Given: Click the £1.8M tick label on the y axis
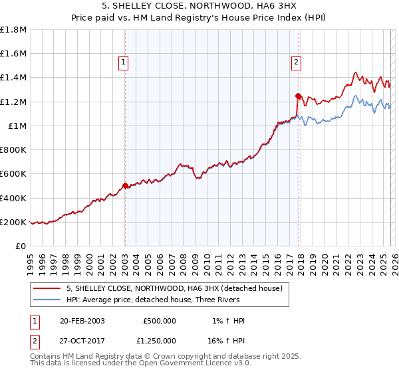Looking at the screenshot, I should (x=13, y=30).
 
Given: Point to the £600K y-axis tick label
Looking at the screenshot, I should (x=13, y=174).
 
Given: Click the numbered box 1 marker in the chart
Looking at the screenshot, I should (x=124, y=63).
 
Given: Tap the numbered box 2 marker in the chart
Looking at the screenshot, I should (x=296, y=63).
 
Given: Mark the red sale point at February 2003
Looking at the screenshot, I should (x=125, y=186).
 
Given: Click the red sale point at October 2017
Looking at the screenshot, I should (x=298, y=96).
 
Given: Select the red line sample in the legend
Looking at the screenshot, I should (x=47, y=288).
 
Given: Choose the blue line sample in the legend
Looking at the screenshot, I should (x=47, y=300).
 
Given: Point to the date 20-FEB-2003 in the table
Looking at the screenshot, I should (x=82, y=320).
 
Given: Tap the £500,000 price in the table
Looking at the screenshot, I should (x=160, y=320).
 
